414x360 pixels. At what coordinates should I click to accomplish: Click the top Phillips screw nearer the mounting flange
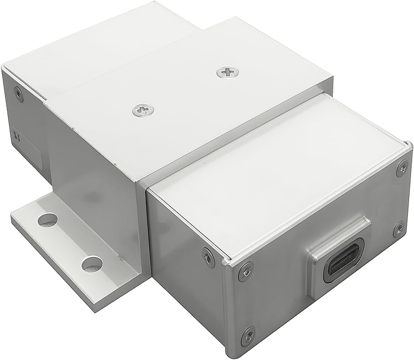(x=143, y=110)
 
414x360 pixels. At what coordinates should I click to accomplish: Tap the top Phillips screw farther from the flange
(x=227, y=72)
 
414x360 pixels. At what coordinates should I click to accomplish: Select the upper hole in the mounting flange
(x=48, y=220)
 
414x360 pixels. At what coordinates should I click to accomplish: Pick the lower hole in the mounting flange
(x=92, y=264)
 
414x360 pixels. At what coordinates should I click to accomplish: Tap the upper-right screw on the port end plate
(x=402, y=168)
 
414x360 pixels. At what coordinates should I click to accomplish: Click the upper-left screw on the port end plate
(x=246, y=271)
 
